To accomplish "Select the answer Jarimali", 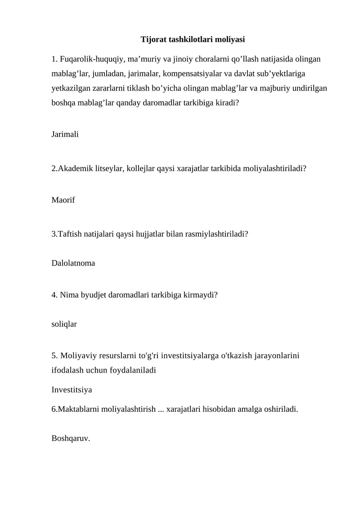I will [65, 134].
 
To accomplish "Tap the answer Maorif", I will [63, 200].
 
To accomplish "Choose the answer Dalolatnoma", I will [73, 263].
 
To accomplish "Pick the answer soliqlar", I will [64, 324].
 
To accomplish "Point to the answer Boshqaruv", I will [71, 438].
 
